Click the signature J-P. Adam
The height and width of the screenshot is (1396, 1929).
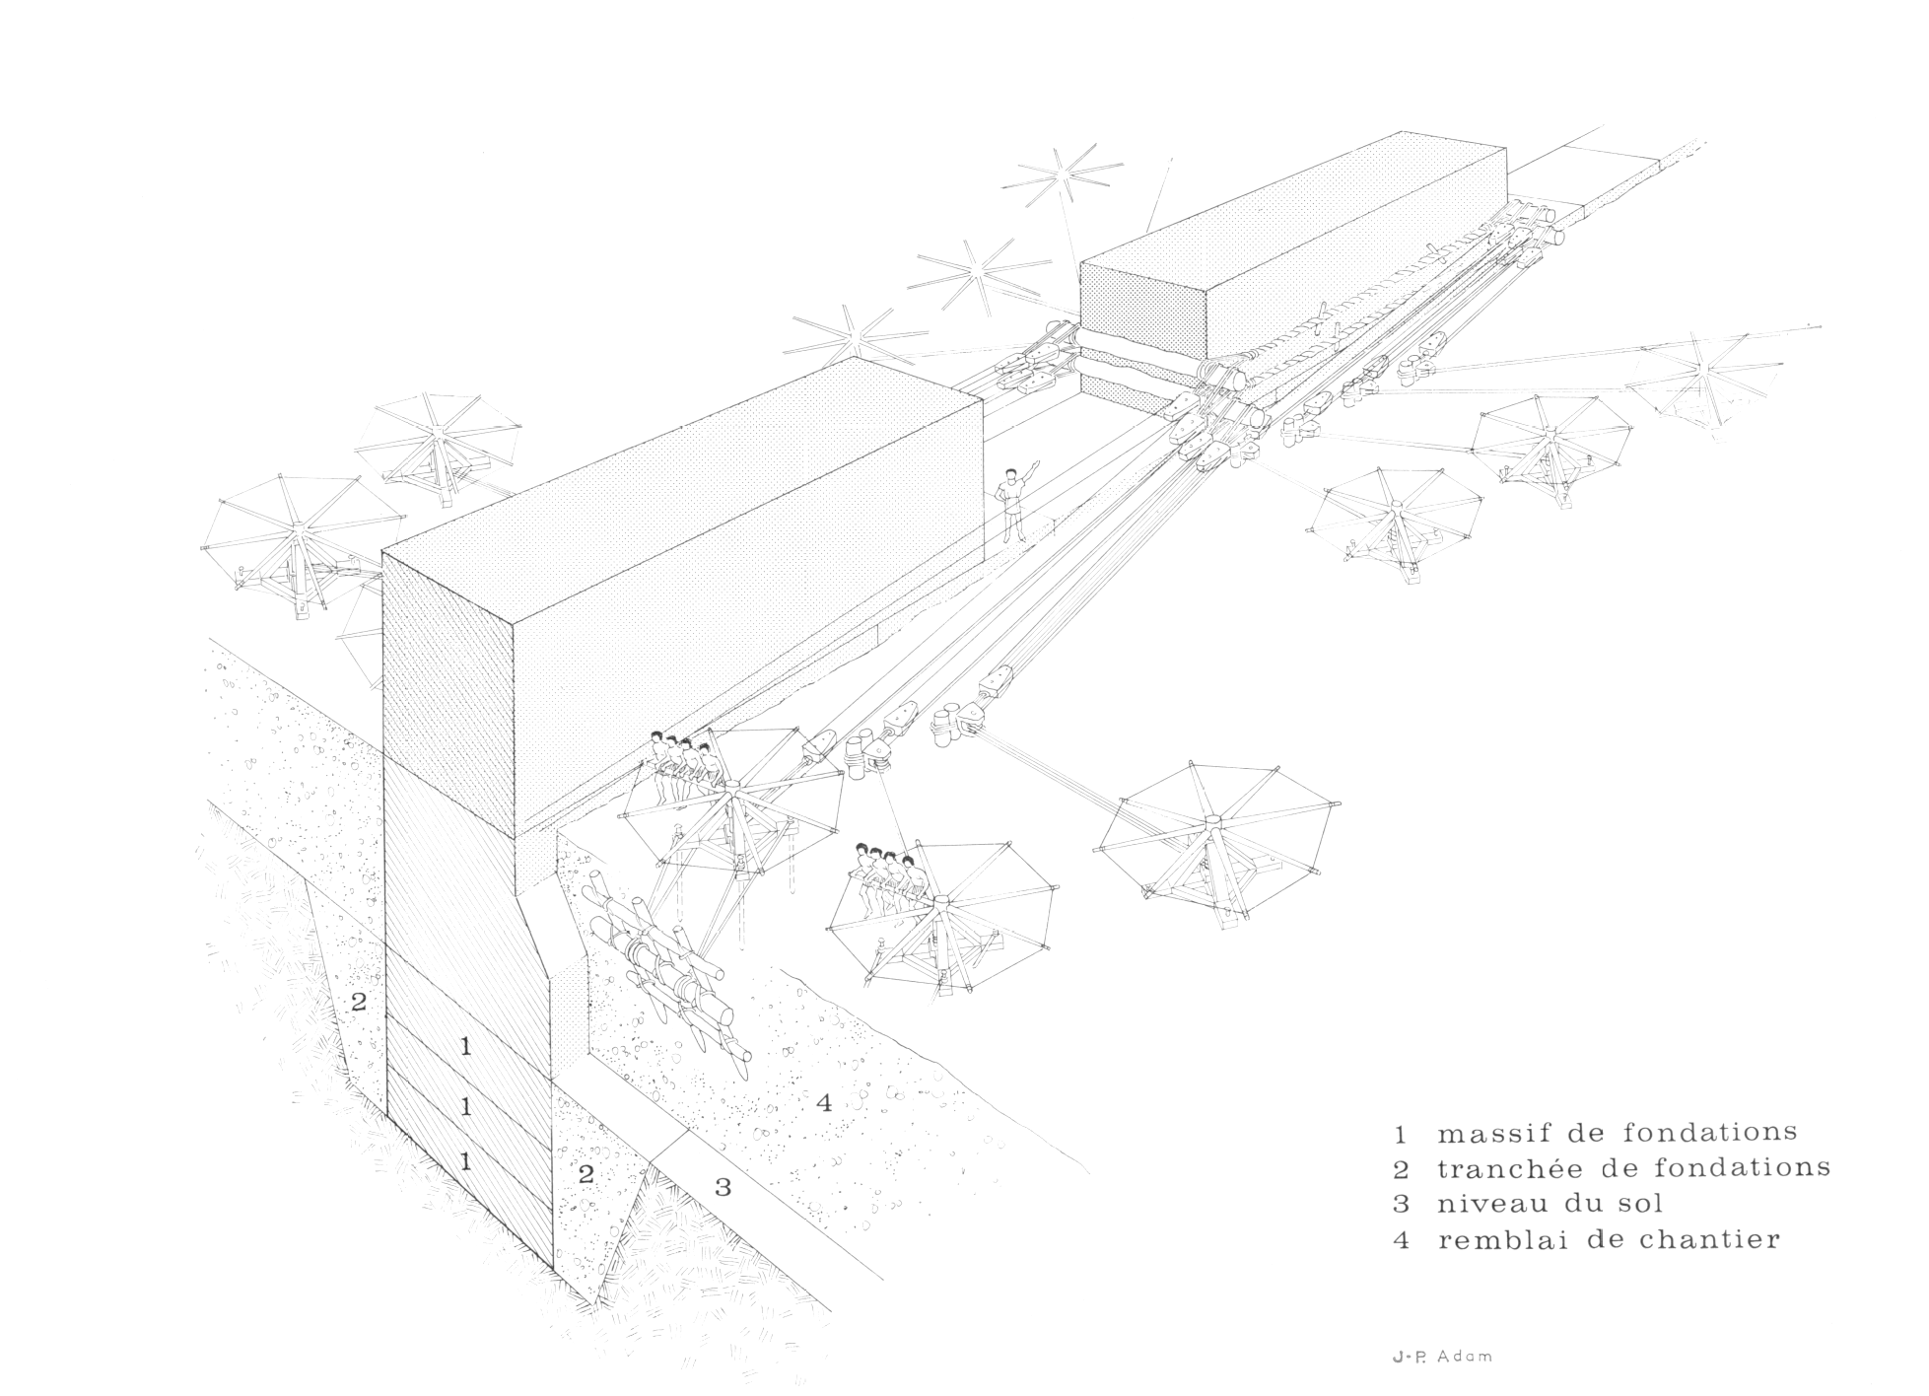coord(1442,1357)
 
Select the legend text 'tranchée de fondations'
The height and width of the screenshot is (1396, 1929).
coord(1633,1168)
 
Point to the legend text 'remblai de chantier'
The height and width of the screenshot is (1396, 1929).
coord(1609,1239)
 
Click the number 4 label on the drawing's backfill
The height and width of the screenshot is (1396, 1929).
coord(824,1102)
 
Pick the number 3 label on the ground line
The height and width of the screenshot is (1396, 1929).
coord(723,1186)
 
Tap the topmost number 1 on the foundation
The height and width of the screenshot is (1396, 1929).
coord(466,1047)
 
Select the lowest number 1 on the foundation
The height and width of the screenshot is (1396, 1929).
coord(466,1161)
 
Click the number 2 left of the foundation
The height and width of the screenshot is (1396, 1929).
coord(359,1002)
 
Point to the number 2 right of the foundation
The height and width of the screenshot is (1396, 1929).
coord(586,1174)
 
